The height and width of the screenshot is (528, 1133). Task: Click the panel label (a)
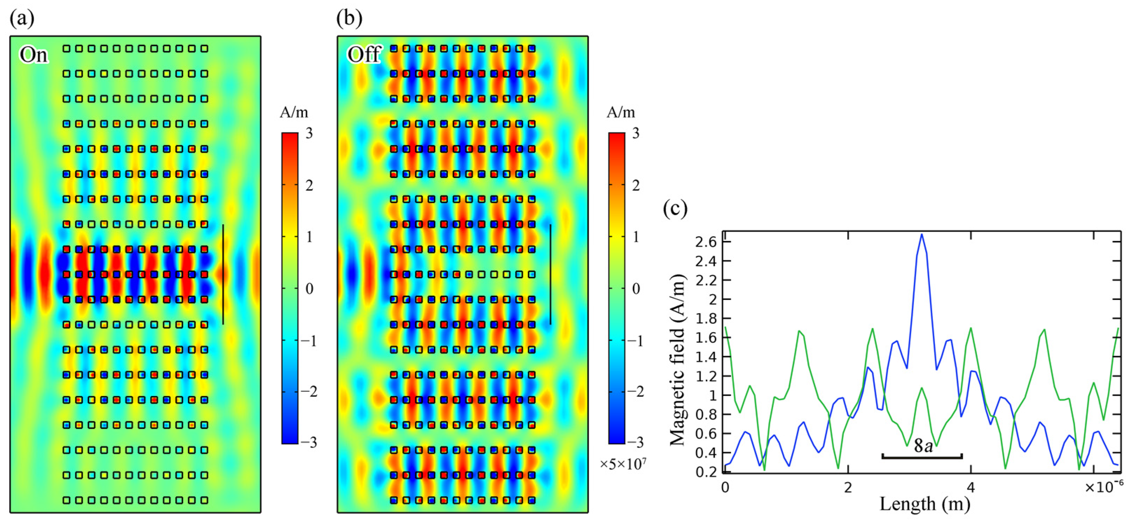[x=22, y=19]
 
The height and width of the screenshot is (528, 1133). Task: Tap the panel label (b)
[x=349, y=19]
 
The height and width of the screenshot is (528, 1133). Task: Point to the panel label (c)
[x=675, y=208]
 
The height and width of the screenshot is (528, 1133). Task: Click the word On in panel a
[x=33, y=55]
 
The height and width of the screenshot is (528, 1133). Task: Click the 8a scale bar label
[x=923, y=446]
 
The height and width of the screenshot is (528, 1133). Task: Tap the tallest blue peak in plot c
[x=922, y=235]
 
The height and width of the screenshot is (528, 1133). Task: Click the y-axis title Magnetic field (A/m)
[x=677, y=360]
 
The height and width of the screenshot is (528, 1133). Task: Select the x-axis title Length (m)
[x=925, y=504]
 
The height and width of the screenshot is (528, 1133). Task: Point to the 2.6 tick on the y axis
[x=706, y=242]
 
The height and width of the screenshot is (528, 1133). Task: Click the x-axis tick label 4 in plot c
[x=971, y=487]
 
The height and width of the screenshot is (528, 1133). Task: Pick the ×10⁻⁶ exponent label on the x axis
[x=1103, y=486]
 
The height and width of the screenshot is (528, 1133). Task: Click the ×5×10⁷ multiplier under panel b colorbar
[x=623, y=464]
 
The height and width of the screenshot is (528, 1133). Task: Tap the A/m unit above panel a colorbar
[x=294, y=112]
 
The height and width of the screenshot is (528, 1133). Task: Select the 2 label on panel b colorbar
[x=636, y=185]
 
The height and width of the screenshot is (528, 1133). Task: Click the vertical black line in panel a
[x=223, y=275]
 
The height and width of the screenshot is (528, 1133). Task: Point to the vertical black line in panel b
[x=550, y=275]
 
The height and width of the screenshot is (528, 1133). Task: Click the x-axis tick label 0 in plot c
[x=725, y=487]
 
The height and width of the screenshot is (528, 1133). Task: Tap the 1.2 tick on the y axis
[x=706, y=376]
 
